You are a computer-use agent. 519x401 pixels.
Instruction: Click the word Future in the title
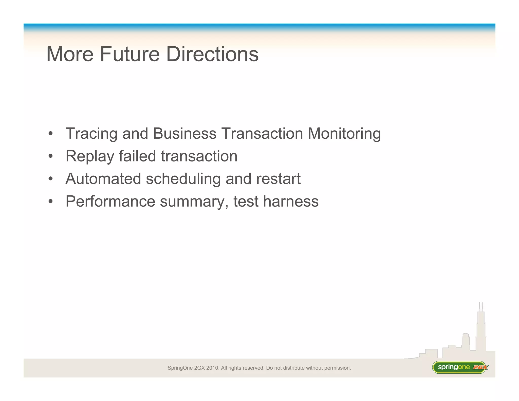coord(130,54)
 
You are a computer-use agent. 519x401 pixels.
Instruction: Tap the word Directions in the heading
coord(212,54)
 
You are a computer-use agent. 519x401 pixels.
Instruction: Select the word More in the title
coord(70,54)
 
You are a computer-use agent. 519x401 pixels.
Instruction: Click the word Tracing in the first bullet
coord(91,134)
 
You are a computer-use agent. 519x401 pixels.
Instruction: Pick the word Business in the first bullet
coord(185,133)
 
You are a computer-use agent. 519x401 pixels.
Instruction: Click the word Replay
coord(90,156)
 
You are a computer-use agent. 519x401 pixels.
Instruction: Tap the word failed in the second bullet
coord(137,156)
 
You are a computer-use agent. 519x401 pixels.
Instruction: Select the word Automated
coord(103,179)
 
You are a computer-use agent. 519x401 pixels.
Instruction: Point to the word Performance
coord(110,201)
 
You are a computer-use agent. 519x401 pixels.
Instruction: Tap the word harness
coord(291,201)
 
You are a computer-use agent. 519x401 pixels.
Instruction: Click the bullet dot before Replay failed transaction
coord(51,156)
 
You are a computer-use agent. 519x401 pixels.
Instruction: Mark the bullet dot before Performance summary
coord(51,202)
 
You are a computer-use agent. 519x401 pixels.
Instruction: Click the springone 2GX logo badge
coord(460,367)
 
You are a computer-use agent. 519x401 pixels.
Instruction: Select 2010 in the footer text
coord(212,368)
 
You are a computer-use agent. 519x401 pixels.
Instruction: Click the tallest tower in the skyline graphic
coord(481,330)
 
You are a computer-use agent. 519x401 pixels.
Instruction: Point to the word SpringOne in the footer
coord(180,368)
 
